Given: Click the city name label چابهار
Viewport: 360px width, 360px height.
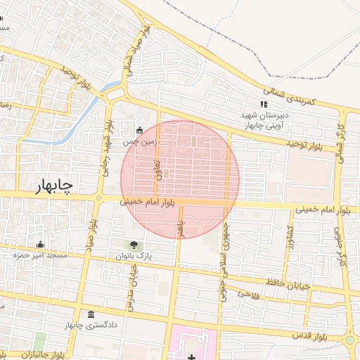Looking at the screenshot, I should click(x=53, y=185).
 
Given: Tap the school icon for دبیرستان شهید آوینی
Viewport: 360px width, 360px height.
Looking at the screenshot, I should click(x=264, y=104).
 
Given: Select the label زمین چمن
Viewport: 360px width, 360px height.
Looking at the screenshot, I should click(x=139, y=142).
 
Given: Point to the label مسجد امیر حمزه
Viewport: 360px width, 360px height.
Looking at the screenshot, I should click(x=40, y=255).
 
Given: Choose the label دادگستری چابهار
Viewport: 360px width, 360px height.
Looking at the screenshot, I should click(x=89, y=326).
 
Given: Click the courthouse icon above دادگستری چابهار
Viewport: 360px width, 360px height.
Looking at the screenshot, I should click(x=90, y=314).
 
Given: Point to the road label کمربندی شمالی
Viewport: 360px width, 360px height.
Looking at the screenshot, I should click(x=291, y=95).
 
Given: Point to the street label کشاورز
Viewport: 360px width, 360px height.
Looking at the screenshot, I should click(x=286, y=239).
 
